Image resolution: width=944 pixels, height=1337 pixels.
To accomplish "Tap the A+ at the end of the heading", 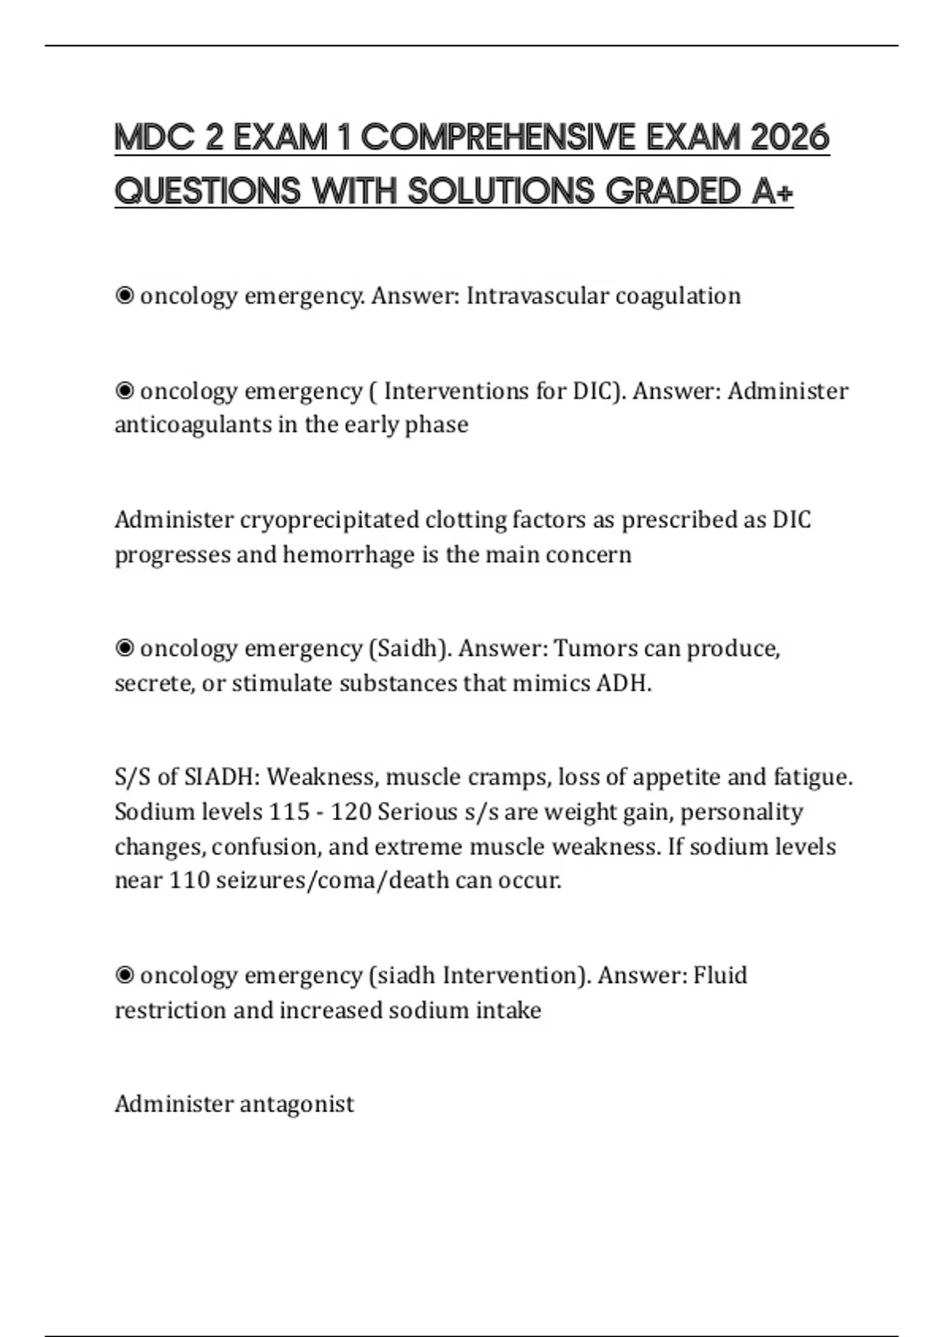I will coord(772,191).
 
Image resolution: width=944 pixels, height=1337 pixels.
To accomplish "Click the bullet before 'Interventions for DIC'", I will coord(124,391).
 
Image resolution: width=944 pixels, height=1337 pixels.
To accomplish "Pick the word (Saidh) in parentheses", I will coord(409,648).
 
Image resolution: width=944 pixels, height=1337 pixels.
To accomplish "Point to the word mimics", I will coord(551,683).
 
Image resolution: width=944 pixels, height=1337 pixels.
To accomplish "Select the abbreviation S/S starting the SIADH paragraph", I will coord(133,777).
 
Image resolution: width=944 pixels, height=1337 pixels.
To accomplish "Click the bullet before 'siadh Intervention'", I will coord(124,975).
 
